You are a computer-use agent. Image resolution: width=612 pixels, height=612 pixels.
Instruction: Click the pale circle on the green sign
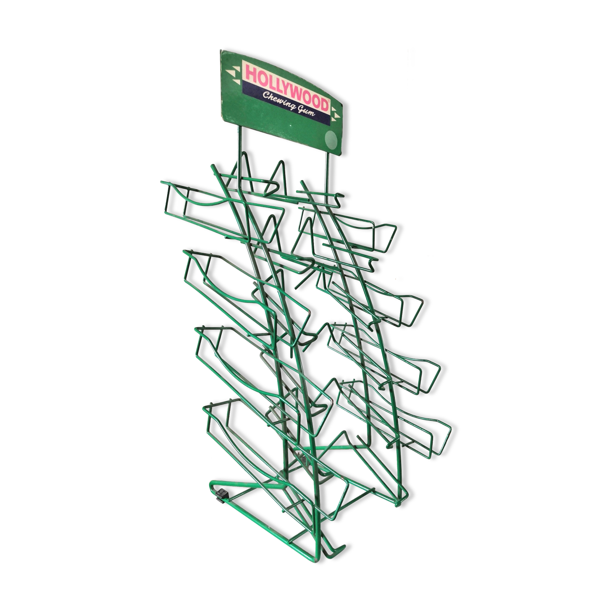[x=332, y=139]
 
